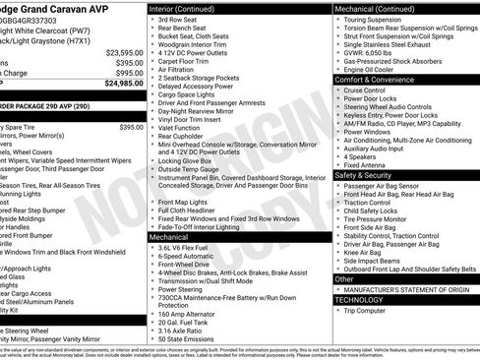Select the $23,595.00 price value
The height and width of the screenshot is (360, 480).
124,52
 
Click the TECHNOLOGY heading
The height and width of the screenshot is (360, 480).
359,299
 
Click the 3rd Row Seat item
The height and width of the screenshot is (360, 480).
178,19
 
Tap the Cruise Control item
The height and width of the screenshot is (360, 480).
365,90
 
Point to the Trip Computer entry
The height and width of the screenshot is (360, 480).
365,311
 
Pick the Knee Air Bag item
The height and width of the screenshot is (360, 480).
363,252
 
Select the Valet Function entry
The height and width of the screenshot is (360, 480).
182,127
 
